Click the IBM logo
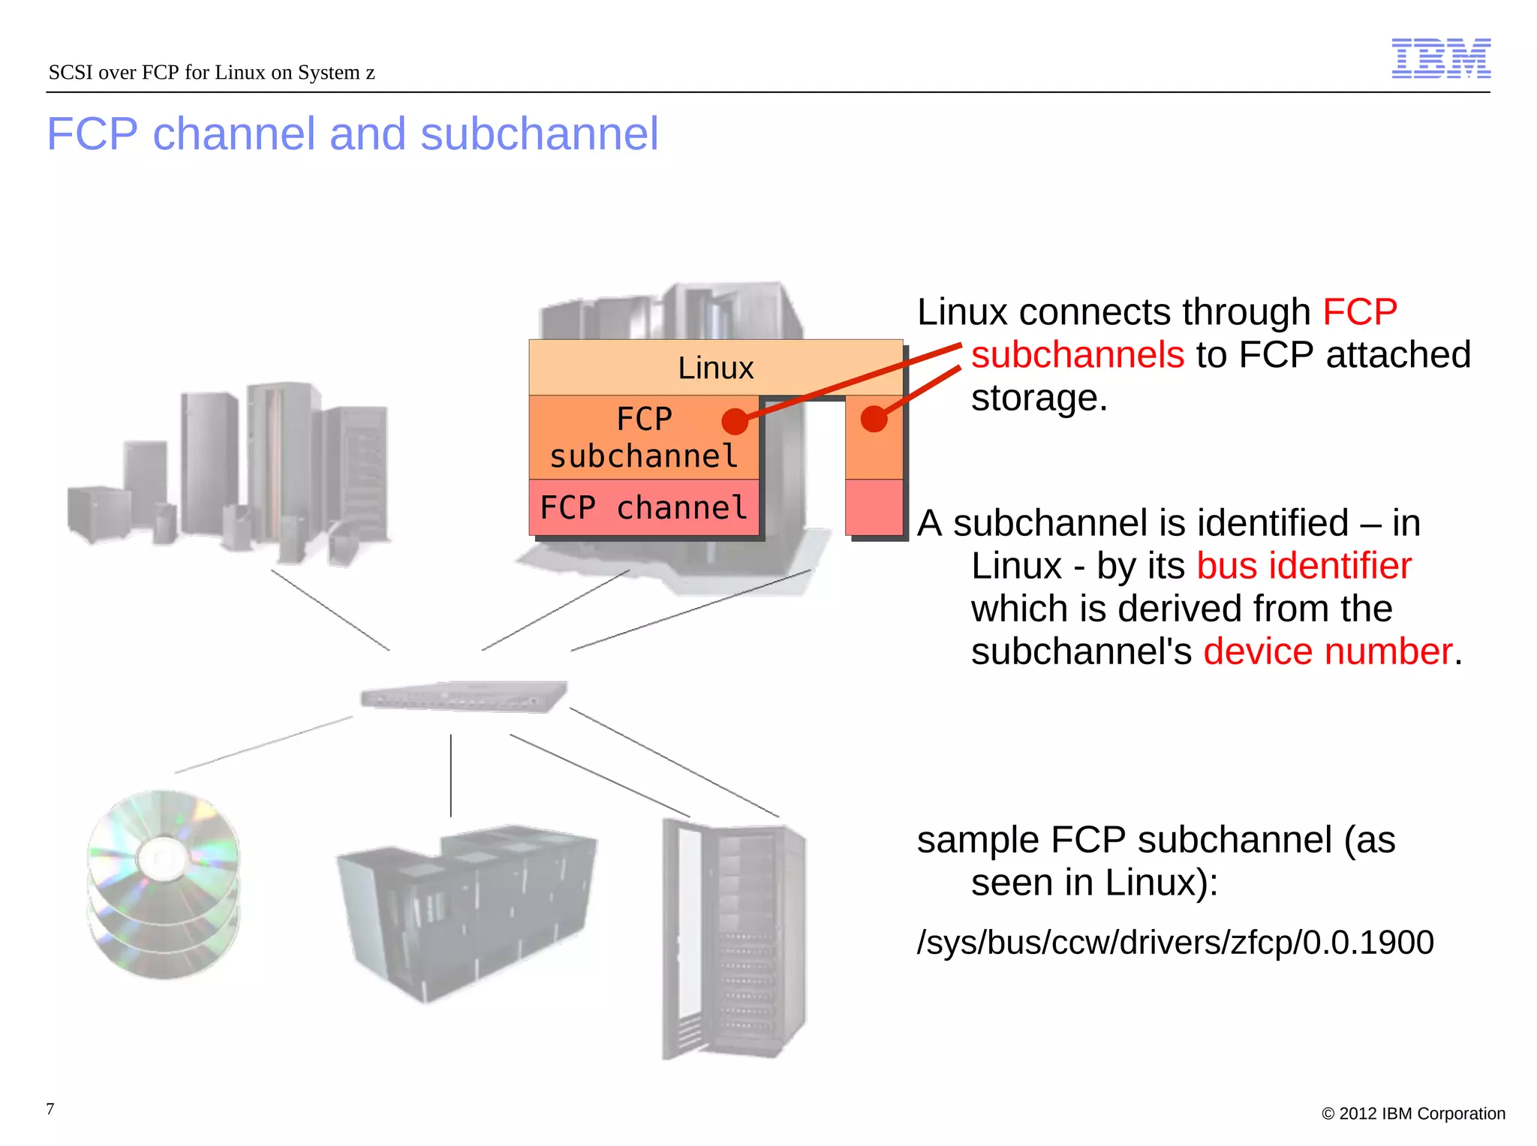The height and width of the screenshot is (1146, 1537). coord(1440,58)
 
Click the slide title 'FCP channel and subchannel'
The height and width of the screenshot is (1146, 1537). coord(352,134)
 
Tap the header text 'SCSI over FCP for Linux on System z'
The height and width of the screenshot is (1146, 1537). coord(211,72)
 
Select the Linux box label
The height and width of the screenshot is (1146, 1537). coord(715,368)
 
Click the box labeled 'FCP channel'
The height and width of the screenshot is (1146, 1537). coord(643,508)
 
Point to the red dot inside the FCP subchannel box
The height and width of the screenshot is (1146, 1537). coord(735,421)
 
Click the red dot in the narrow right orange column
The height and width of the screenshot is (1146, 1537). coord(874,418)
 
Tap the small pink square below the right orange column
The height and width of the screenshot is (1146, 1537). coord(874,507)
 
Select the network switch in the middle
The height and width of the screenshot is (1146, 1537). coord(463,696)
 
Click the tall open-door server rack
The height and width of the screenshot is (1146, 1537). coord(732,938)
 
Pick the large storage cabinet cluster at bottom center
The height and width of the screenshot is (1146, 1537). coord(466,912)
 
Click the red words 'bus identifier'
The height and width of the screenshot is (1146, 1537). coord(1304,565)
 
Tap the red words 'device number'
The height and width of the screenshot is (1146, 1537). coord(1328,651)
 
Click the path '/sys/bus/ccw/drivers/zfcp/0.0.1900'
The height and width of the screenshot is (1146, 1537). coord(1175,942)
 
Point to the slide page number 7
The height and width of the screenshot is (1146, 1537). coord(50,1108)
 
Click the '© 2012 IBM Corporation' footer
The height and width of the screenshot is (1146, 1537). coord(1413,1113)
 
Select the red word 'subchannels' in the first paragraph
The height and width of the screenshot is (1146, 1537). coord(1077,354)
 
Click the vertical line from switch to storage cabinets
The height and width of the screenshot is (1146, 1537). coord(450,775)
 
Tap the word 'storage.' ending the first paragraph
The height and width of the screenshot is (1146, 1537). coord(1039,398)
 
